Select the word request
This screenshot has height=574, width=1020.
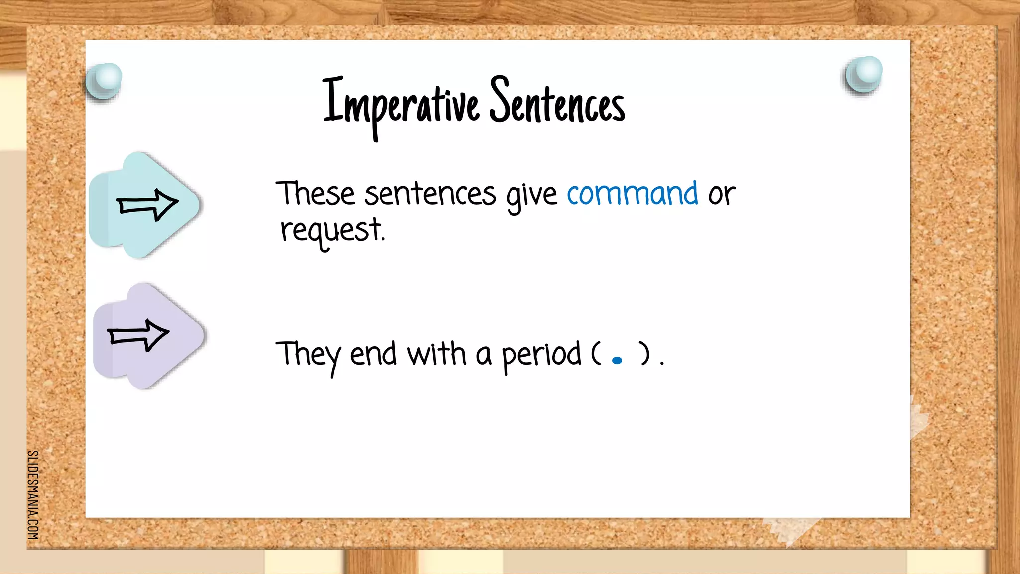coord(332,231)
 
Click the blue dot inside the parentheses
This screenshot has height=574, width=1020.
coord(617,360)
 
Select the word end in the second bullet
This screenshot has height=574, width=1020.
coord(373,354)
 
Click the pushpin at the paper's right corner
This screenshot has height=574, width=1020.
coord(864,74)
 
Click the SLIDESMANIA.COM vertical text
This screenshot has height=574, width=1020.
coord(33,494)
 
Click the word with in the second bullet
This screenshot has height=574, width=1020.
coord(436,354)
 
